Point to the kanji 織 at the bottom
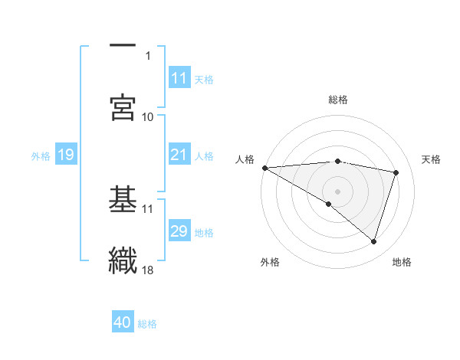123,260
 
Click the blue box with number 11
179,78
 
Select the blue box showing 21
179,155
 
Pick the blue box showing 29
179,231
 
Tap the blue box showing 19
65,155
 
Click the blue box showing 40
123,323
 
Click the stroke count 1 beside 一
149,55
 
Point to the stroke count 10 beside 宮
148,116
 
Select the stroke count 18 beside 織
148,269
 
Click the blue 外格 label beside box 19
41,156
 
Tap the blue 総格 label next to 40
147,324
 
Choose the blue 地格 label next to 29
204,232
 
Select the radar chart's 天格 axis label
432,159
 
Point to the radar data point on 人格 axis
264,168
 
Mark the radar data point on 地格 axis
374,242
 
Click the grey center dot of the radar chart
337,191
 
